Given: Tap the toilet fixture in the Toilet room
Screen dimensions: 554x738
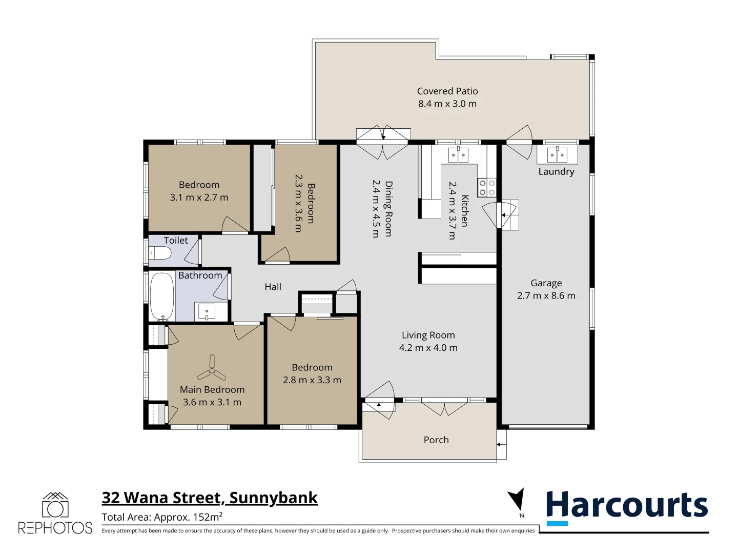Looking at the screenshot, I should point(160,253).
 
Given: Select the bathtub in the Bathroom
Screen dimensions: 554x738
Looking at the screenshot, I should point(162,297).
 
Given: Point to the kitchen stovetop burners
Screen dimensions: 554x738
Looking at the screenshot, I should point(487,188).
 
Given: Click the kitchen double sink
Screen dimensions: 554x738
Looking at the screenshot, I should point(458,154).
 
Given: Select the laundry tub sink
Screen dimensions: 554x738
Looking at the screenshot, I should point(557,154).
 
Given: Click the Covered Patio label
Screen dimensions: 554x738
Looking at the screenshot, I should point(447,91).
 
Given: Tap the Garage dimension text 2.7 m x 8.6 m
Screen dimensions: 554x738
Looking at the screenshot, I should point(546,296).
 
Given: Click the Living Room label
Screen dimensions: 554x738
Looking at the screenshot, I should point(428,335).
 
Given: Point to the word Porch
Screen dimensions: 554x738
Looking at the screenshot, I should point(436,440).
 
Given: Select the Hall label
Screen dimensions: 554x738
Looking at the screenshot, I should point(273,287).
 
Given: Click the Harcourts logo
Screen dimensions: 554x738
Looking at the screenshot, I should point(626,507).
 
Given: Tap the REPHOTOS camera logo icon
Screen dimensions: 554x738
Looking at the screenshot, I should point(55,506).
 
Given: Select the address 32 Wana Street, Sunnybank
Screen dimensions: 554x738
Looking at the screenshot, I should point(210,498).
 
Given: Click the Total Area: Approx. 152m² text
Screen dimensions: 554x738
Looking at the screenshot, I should point(162,517).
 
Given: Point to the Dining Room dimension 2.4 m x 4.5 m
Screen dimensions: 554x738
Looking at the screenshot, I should point(375,209).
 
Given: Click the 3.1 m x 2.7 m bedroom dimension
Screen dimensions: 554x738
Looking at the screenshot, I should point(199,197).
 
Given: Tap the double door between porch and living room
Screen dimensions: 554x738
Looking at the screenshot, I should point(444,408).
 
